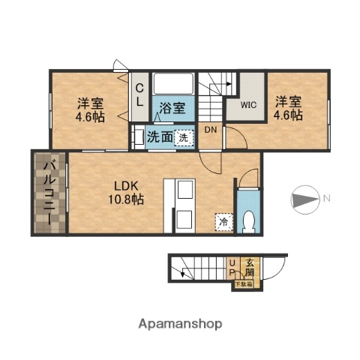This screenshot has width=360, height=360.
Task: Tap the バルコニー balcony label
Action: tap(46, 193)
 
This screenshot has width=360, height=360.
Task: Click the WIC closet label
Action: tap(247, 106)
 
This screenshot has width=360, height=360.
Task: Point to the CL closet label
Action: tap(139, 96)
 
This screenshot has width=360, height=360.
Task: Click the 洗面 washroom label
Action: tap(158, 137)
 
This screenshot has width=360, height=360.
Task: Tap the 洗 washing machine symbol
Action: tap(182, 137)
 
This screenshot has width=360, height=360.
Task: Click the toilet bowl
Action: tap(249, 220)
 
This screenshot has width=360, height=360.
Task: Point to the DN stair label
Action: tap(210, 130)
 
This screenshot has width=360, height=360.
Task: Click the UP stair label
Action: tap(232, 268)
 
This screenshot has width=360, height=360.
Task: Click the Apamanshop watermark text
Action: tap(180, 324)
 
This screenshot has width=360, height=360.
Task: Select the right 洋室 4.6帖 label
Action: tap(287, 108)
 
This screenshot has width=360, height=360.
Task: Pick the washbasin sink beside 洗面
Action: tap(138, 137)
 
